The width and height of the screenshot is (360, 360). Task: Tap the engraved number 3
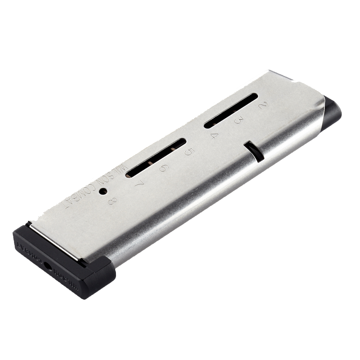(x=238, y=121)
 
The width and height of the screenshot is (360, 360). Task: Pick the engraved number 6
(x=163, y=168)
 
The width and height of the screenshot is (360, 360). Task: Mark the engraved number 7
(x=139, y=184)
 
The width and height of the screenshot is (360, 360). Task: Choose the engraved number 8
(x=111, y=201)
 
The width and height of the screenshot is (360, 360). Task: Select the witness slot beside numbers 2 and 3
(x=231, y=111)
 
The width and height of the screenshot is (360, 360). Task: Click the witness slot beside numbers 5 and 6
(x=156, y=158)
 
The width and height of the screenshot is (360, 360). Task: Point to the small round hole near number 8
(x=103, y=191)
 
